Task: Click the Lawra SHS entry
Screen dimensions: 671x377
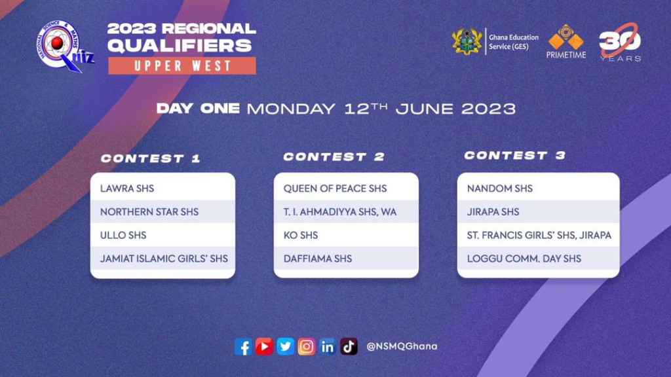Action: point(127,188)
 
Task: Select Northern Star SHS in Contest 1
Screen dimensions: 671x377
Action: point(149,212)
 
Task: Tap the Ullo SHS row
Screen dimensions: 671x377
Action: point(123,236)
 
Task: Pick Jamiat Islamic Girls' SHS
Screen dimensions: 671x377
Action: point(164,259)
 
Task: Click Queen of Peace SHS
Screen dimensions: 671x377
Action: point(335,188)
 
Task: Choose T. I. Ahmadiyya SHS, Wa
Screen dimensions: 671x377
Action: point(340,212)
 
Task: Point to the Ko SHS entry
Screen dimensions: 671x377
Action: point(301,236)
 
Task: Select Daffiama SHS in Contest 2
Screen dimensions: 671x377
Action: point(318,259)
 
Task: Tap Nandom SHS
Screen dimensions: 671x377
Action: point(500,188)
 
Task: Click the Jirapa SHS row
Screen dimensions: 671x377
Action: point(493,212)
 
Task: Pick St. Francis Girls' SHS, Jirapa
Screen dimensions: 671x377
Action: point(539,236)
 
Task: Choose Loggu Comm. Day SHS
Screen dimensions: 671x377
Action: point(524,259)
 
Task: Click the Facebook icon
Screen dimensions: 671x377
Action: point(243,347)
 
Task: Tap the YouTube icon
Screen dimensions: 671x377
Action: point(264,346)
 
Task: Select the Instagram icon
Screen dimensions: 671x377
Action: point(307,346)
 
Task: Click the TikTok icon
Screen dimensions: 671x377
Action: point(349,346)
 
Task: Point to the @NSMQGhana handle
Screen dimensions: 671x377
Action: point(402,346)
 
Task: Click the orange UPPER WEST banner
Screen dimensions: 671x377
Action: point(182,66)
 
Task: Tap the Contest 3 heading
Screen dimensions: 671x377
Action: point(515,156)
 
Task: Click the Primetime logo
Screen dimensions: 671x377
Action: point(566,41)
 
